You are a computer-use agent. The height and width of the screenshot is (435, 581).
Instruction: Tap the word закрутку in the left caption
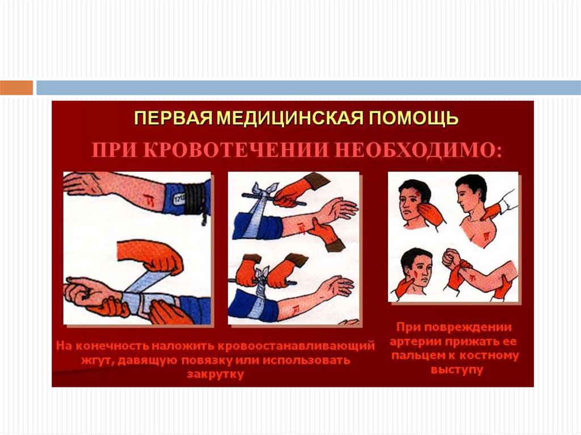215,374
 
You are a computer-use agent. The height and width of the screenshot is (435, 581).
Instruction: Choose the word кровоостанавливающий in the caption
296,346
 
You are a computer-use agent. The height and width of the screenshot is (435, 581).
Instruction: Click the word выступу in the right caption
457,370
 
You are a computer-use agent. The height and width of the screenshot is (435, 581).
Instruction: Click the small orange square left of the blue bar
16,88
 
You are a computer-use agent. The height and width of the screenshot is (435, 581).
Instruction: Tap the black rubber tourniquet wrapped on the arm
195,199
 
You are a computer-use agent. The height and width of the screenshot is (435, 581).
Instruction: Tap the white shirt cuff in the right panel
506,202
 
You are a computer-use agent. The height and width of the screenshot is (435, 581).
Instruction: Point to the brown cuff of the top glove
315,180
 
